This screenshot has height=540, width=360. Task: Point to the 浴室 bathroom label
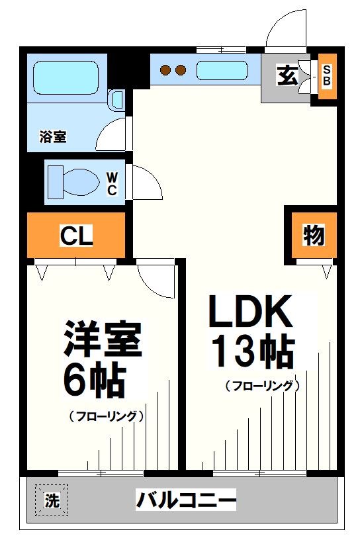click(53, 138)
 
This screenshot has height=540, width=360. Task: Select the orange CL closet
click(76, 236)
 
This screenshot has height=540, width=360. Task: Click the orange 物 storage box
click(313, 235)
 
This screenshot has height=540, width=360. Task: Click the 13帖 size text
click(252, 351)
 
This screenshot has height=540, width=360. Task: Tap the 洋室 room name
click(102, 341)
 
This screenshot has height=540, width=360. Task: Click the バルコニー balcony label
click(186, 500)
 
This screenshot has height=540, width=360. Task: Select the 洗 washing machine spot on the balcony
click(51, 501)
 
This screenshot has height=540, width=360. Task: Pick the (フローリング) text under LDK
click(263, 385)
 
